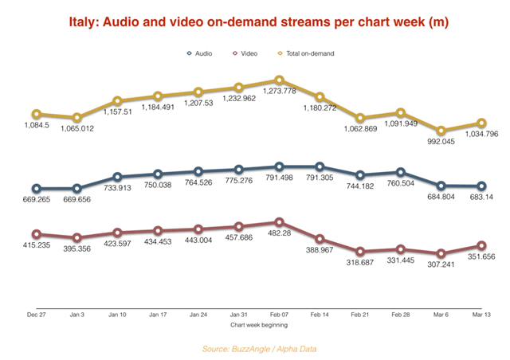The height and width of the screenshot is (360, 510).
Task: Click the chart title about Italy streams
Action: (255, 24)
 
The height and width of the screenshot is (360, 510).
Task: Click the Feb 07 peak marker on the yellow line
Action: (279, 80)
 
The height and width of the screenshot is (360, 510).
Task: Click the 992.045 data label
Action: (441, 143)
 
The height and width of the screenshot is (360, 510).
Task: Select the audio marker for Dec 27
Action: (36, 189)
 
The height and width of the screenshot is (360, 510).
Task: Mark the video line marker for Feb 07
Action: (279, 222)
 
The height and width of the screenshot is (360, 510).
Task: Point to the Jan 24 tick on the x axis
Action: (198, 315)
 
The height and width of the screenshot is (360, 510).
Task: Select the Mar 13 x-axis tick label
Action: (481, 315)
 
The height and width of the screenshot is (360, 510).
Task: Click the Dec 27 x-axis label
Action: (36, 315)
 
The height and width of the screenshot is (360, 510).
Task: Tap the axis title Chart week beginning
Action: (258, 325)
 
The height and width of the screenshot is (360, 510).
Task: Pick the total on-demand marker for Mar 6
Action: (441, 131)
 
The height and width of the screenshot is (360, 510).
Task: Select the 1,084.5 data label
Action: (36, 127)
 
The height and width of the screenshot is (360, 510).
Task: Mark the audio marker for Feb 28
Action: (400, 172)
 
